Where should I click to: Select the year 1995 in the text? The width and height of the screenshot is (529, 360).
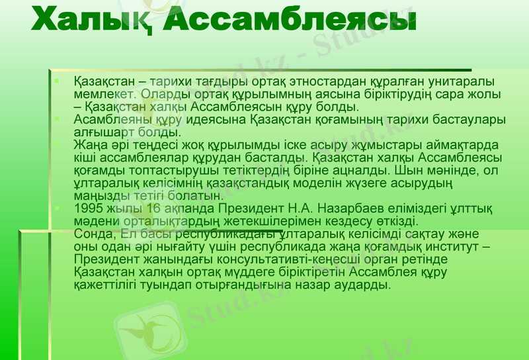(x=88, y=208)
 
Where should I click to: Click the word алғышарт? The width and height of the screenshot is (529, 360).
(x=100, y=132)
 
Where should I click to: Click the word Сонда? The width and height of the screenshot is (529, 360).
(x=92, y=234)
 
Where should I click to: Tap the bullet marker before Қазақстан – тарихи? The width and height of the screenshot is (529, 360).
(x=58, y=81)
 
